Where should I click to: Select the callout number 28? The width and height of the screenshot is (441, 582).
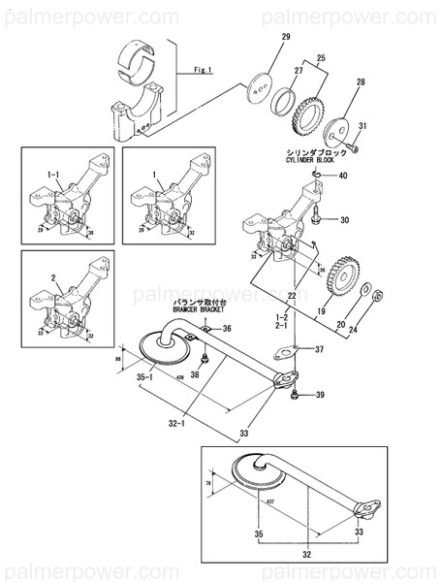coord(361,84)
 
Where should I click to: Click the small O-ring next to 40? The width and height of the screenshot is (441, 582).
coord(316,175)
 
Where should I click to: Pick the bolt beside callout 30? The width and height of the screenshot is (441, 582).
coord(317,218)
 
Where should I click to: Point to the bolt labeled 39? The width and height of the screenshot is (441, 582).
coord(293,394)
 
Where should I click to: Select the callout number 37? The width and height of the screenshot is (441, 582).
coord(321,350)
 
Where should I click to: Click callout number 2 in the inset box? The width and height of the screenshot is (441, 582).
coord(53,276)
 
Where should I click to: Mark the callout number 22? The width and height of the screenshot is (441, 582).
coord(292,295)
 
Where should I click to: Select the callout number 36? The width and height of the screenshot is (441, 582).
coord(228,330)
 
